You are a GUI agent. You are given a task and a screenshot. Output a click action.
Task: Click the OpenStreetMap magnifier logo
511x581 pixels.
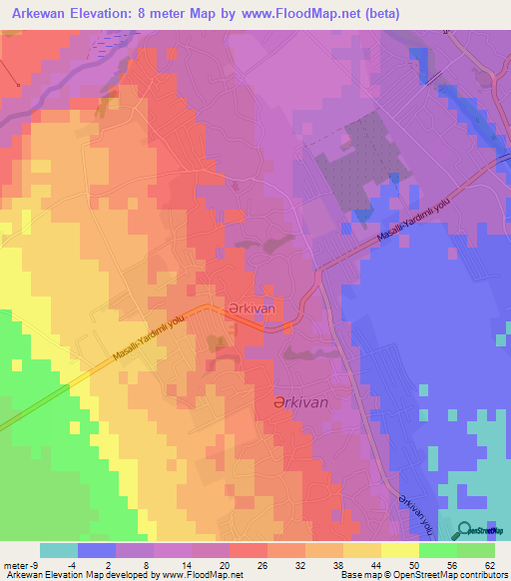(x=465, y=530)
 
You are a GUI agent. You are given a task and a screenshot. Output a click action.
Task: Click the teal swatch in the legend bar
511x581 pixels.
(x=59, y=551)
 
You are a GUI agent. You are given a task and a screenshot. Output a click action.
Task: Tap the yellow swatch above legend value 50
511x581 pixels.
(x=399, y=551)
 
